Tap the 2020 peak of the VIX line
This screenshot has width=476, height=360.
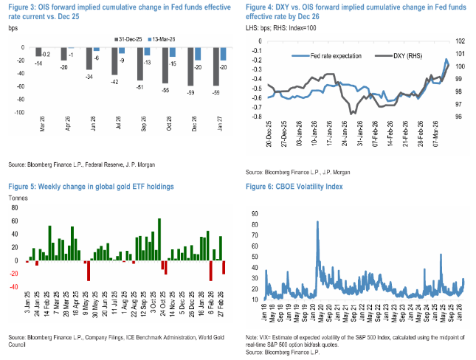click(318, 222)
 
